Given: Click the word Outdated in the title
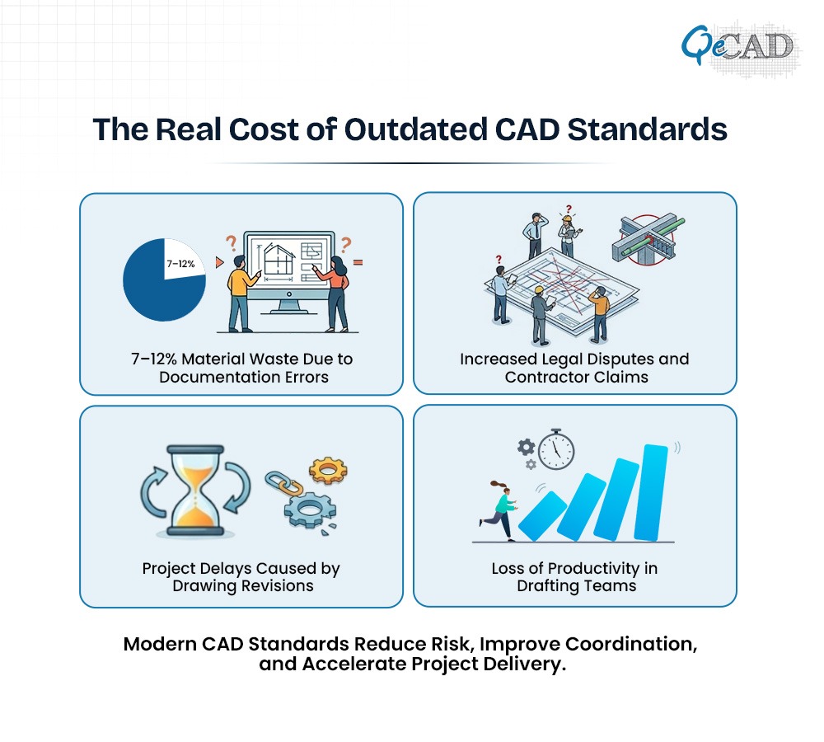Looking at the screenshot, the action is coord(415,129).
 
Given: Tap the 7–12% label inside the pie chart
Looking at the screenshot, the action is coord(180,264).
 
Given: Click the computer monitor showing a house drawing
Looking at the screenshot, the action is coord(289,271).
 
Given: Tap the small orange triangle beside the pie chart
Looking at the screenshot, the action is coord(220,262).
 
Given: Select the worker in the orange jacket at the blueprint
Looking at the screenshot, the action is coord(600,314).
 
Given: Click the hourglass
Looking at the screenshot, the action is coord(195,491).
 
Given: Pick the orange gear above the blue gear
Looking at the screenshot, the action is coord(328,470).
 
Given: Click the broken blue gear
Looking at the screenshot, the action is coord(310,509).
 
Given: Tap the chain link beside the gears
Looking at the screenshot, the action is coord(283,483).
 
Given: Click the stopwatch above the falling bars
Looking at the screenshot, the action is coord(556,449).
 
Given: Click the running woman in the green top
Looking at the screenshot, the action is coord(499,510).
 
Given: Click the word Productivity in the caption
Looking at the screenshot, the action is coord(593,569).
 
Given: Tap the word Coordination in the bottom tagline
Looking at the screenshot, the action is coord(631,644).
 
